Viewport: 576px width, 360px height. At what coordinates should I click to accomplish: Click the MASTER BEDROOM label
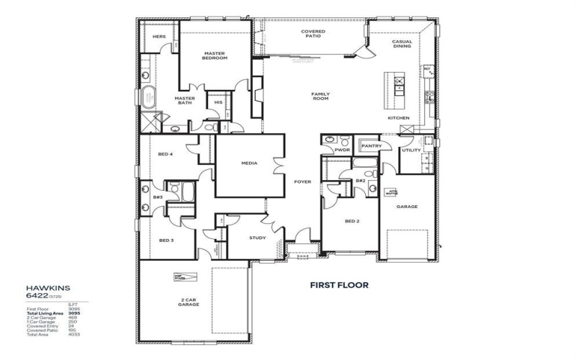(x=215, y=55)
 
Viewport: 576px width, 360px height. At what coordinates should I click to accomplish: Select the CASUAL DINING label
(x=402, y=44)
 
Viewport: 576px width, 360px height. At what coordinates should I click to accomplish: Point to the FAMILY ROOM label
(x=320, y=96)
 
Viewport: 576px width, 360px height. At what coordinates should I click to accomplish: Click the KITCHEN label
(x=398, y=118)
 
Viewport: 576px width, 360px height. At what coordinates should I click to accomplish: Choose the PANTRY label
(x=372, y=145)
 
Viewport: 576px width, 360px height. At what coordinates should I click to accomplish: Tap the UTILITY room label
(x=411, y=150)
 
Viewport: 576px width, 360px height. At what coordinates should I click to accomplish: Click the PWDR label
(x=352, y=150)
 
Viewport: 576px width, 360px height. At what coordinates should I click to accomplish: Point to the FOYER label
(x=302, y=182)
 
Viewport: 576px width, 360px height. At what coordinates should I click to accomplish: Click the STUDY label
(x=257, y=238)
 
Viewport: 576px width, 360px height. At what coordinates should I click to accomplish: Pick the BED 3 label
(x=166, y=240)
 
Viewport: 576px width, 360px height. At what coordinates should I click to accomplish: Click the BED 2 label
(x=352, y=221)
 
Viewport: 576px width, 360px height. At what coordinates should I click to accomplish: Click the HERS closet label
(x=160, y=36)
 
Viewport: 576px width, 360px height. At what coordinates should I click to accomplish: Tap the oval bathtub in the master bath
(x=148, y=96)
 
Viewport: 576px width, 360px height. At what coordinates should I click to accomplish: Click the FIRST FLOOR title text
(x=339, y=285)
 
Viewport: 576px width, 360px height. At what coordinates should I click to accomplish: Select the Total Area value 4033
(x=73, y=334)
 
